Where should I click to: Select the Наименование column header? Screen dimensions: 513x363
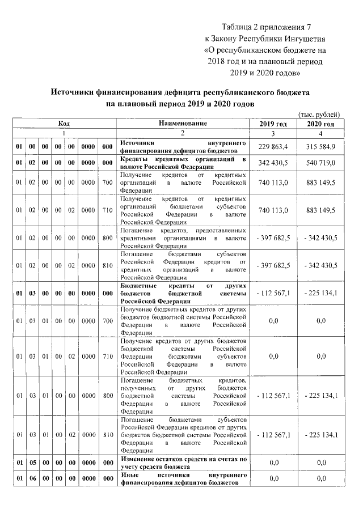tap(183, 123)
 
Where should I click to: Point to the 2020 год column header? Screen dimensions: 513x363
tap(320, 124)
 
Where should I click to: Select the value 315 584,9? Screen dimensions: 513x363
tap(321, 147)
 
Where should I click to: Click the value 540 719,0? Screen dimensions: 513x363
tap(321, 163)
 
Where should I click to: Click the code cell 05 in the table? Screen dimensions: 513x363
tap(32, 463)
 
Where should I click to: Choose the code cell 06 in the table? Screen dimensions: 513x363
tap(32, 478)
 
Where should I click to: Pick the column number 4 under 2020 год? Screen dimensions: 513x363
tap(320, 133)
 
